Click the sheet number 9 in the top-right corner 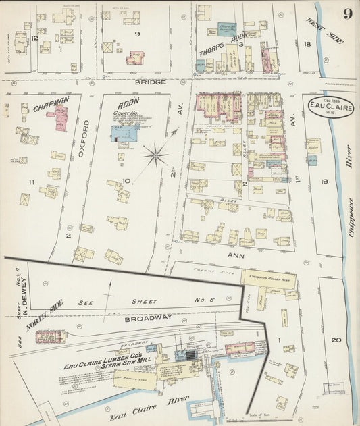click(346, 14)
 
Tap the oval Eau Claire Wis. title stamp click(330, 107)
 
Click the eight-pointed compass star click(155, 157)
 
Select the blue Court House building click(125, 132)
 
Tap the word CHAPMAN click(51, 104)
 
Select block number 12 click(34, 38)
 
